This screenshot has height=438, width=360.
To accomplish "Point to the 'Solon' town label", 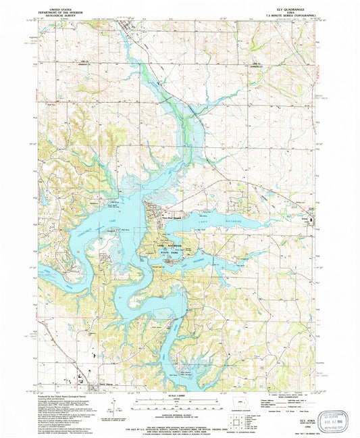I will point(305,218).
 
